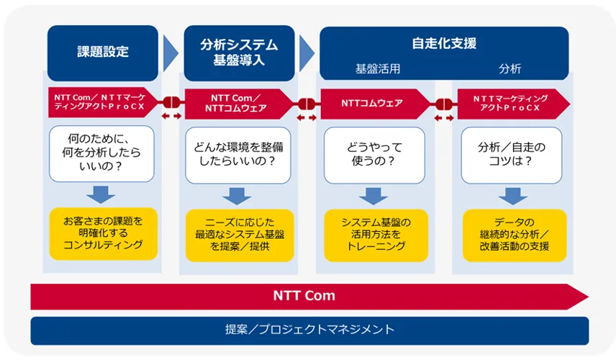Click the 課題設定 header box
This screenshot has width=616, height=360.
tap(102, 53)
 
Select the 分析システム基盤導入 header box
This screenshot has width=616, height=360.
tap(239, 53)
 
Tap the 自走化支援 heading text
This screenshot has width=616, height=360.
tap(444, 43)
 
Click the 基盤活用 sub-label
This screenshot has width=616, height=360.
tap(378, 69)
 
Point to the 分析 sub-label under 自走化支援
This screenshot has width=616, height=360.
tap(509, 69)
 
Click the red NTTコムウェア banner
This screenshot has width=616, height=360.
tap(376, 104)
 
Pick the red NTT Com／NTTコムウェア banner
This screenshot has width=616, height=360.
tap(239, 104)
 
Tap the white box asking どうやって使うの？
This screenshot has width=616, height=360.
tap(374, 155)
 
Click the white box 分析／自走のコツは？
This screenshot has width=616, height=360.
tap(512, 155)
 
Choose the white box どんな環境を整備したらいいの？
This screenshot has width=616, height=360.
tap(238, 155)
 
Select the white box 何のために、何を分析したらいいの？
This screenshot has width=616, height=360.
tap(101, 153)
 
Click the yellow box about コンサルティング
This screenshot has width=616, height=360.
tap(104, 233)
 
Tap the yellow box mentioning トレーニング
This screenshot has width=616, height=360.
tap(376, 235)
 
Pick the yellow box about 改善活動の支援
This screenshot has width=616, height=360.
tap(515, 235)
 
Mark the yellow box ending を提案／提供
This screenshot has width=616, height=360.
tap(240, 235)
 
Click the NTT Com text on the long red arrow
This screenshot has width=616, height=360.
tap(304, 295)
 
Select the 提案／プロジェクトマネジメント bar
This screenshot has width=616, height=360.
tap(309, 330)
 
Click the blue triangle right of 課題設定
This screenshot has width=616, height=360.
tap(171, 53)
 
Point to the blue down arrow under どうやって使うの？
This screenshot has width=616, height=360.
tap(373, 196)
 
